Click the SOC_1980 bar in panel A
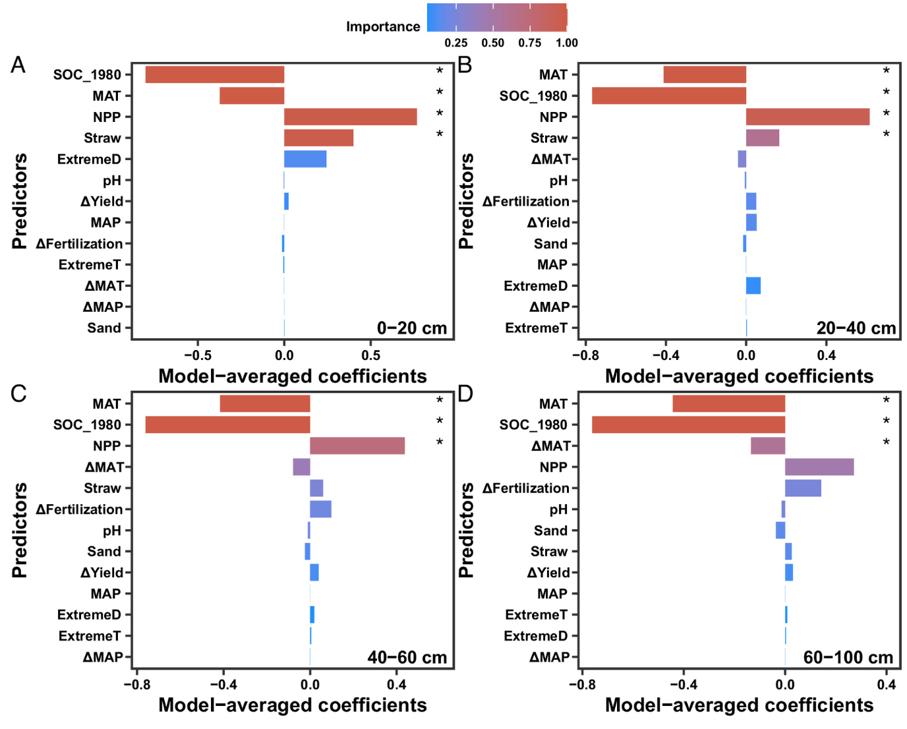pyautogui.click(x=214, y=74)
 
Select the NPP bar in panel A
pyautogui.click(x=350, y=117)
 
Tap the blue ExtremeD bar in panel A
pyautogui.click(x=305, y=159)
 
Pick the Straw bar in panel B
pyautogui.click(x=762, y=138)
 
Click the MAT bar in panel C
pyautogui.click(x=264, y=403)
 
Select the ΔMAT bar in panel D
pyautogui.click(x=767, y=446)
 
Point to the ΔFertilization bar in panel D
pyautogui.click(x=802, y=488)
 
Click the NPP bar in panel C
pyautogui.click(x=357, y=446)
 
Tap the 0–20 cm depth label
pyautogui.click(x=411, y=328)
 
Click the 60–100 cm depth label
pyautogui.click(x=848, y=657)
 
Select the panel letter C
pyautogui.click(x=18, y=394)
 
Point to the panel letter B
pyautogui.click(x=465, y=65)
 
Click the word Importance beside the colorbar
pyautogui.click(x=383, y=26)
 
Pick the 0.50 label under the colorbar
pyautogui.click(x=492, y=43)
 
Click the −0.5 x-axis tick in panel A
pyautogui.click(x=197, y=355)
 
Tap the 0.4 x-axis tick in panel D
pyautogui.click(x=886, y=684)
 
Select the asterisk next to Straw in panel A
pyautogui.click(x=440, y=135)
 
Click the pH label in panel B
pyautogui.click(x=558, y=180)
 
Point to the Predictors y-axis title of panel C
pyautogui.click(x=20, y=530)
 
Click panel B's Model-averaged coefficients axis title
pyautogui.click(x=739, y=376)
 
